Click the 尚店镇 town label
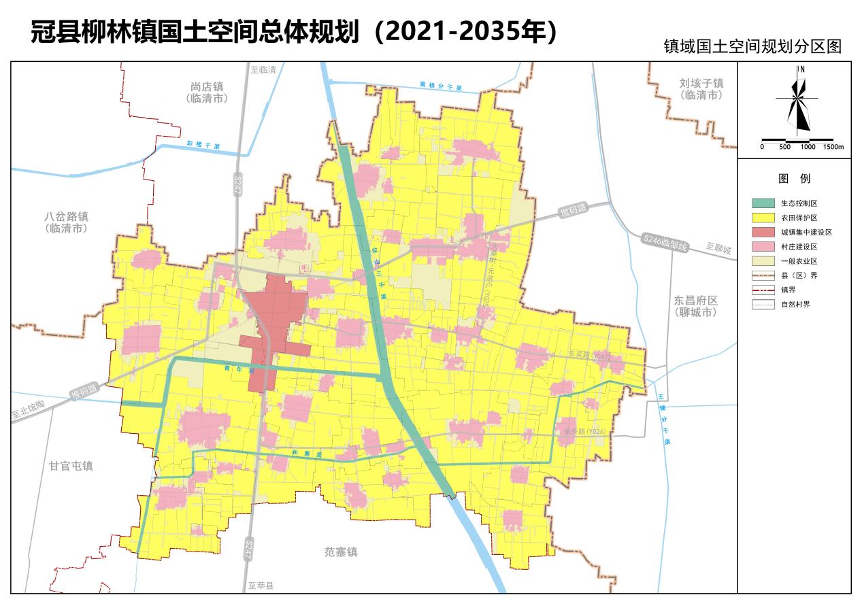(x=207, y=87)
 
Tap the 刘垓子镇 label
(x=701, y=83)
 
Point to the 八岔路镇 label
(x=67, y=217)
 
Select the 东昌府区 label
(x=696, y=301)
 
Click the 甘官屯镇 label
(x=71, y=466)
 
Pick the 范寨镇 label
(x=341, y=552)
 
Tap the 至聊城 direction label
(x=718, y=249)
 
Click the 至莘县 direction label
(x=261, y=586)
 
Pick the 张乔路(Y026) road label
(x=584, y=431)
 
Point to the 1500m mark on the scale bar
(x=833, y=147)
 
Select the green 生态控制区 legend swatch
(x=763, y=203)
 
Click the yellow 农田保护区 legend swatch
(x=763, y=218)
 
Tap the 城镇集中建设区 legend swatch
(x=763, y=232)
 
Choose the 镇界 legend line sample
(x=763, y=290)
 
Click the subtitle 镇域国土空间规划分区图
(x=752, y=46)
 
